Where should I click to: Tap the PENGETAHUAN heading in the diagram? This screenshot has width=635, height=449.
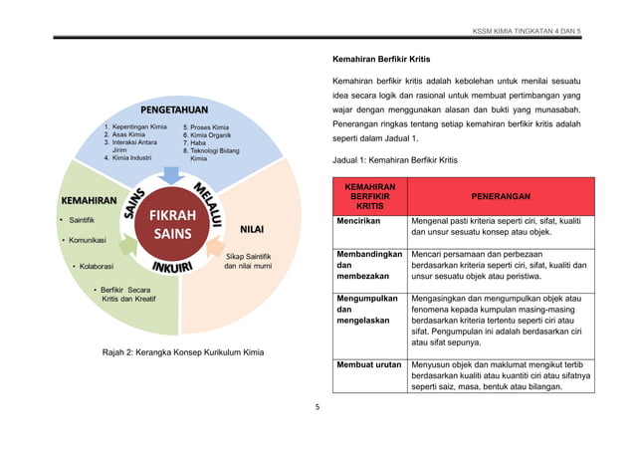coord(172,108)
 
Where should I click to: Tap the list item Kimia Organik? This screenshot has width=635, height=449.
coord(207,135)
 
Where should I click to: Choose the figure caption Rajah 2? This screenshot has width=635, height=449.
coord(176,352)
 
